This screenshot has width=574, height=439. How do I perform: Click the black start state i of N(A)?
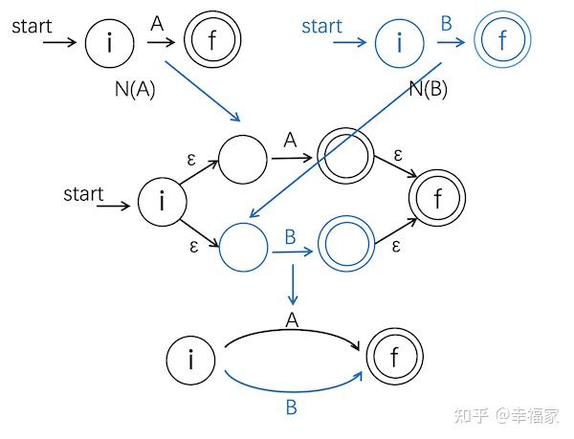click(109, 42)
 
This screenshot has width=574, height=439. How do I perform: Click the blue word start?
click(321, 26)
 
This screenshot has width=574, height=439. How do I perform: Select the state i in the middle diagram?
click(162, 202)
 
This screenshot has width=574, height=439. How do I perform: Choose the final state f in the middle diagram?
click(437, 200)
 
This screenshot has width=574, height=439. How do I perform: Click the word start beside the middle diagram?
click(83, 194)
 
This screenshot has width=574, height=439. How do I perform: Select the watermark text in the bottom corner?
click(506, 415)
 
